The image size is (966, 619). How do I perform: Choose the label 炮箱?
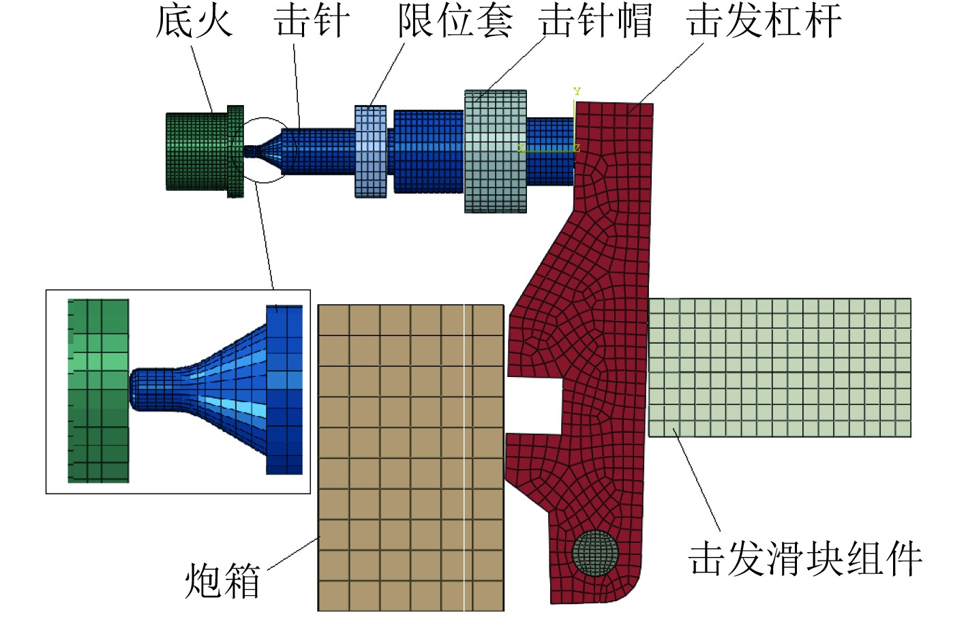[222, 581]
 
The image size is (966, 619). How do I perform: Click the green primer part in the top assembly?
[198, 151]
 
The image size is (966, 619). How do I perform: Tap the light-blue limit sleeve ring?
[371, 151]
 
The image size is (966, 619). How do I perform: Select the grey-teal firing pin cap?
[496, 151]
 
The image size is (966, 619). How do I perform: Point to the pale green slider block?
[779, 367]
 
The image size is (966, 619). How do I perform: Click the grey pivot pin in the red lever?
[595, 552]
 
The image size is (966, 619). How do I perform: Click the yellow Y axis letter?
[577, 91]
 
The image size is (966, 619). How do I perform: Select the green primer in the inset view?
[99, 391]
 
